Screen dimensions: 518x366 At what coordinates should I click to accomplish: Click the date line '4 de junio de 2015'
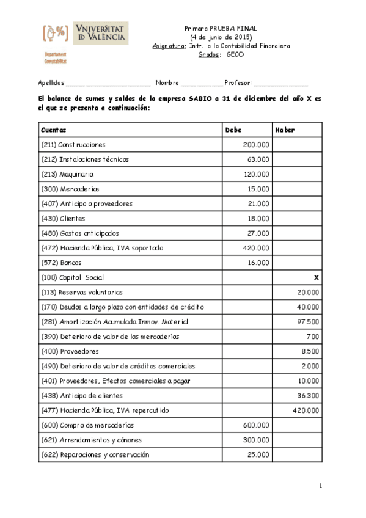pyautogui.click(x=221, y=37)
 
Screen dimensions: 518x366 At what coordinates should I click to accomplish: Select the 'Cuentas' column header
pyautogui.click(x=54, y=130)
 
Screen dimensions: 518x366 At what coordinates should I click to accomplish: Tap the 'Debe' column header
pyautogui.click(x=233, y=130)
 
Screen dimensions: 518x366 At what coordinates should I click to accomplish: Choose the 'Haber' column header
pyautogui.click(x=285, y=130)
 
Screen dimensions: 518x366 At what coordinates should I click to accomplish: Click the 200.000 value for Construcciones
pyautogui.click(x=255, y=145)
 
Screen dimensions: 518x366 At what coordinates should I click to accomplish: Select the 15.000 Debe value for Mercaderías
pyautogui.click(x=257, y=189)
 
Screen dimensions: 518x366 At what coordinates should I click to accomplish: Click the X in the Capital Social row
pyautogui.click(x=316, y=277)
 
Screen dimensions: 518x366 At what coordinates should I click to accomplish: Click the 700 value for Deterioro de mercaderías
pyautogui.click(x=312, y=337)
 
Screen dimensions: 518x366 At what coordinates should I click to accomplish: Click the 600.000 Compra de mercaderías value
pyautogui.click(x=255, y=425)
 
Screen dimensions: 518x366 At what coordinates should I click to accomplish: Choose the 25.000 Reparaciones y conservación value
pyautogui.click(x=257, y=454)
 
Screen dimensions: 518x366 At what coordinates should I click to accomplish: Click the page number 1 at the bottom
pyautogui.click(x=320, y=486)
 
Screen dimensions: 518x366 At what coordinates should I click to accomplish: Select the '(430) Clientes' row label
pyautogui.click(x=63, y=218)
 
